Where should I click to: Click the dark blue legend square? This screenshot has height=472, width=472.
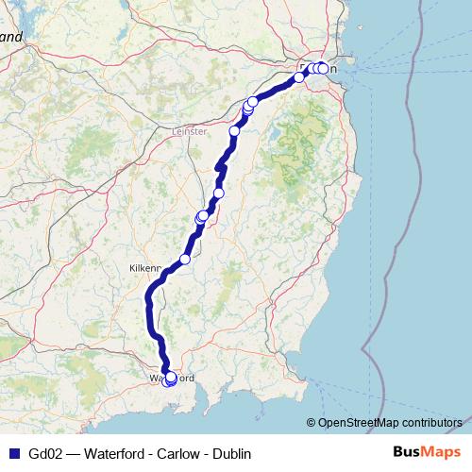click(x=15, y=454)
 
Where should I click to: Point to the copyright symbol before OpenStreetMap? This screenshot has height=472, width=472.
click(x=312, y=422)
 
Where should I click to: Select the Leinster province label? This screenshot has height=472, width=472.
click(x=190, y=133)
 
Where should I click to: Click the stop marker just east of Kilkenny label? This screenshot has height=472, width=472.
click(x=185, y=259)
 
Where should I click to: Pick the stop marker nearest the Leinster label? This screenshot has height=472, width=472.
click(x=234, y=131)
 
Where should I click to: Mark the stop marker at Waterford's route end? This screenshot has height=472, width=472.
click(x=170, y=379)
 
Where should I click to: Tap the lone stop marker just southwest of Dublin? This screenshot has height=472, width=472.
click(x=299, y=77)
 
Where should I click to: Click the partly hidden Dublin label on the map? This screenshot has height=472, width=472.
click(x=317, y=68)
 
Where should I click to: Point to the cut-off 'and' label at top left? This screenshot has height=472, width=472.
click(x=10, y=38)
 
